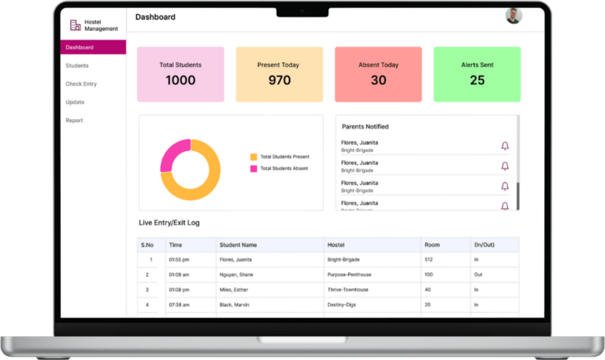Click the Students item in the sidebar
[77, 65]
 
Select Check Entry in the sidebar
[81, 84]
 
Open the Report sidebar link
[74, 121]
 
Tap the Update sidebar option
[75, 102]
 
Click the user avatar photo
[513, 16]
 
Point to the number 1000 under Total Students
[180, 80]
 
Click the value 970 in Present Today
[279, 80]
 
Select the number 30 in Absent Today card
[378, 80]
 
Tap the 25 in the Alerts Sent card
[477, 80]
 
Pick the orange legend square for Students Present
[254, 157]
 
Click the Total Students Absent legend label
[284, 169]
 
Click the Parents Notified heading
[365, 127]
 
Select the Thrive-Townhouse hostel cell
[348, 289]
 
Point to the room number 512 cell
[429, 259]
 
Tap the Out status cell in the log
[478, 274]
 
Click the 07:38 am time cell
[179, 304]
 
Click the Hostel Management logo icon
[76, 25]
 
